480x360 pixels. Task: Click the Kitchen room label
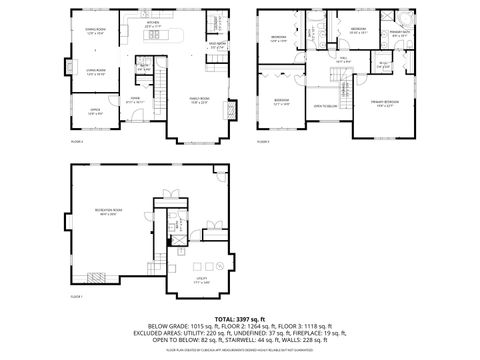click(x=153, y=22)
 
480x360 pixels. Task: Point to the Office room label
click(x=96, y=112)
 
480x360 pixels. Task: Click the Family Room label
click(x=200, y=99)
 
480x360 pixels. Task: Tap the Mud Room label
click(x=216, y=45)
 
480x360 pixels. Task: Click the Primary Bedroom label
click(x=383, y=103)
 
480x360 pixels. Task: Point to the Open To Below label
click(x=324, y=106)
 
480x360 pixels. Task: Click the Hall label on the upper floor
click(x=342, y=59)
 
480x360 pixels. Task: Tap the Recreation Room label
click(x=108, y=210)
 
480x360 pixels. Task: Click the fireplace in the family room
click(x=234, y=108)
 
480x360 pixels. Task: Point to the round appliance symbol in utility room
click(x=219, y=266)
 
